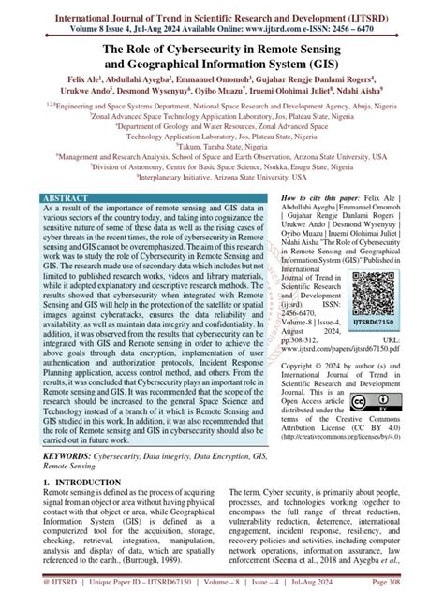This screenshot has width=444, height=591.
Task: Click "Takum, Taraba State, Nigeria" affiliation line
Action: point(222,147)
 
